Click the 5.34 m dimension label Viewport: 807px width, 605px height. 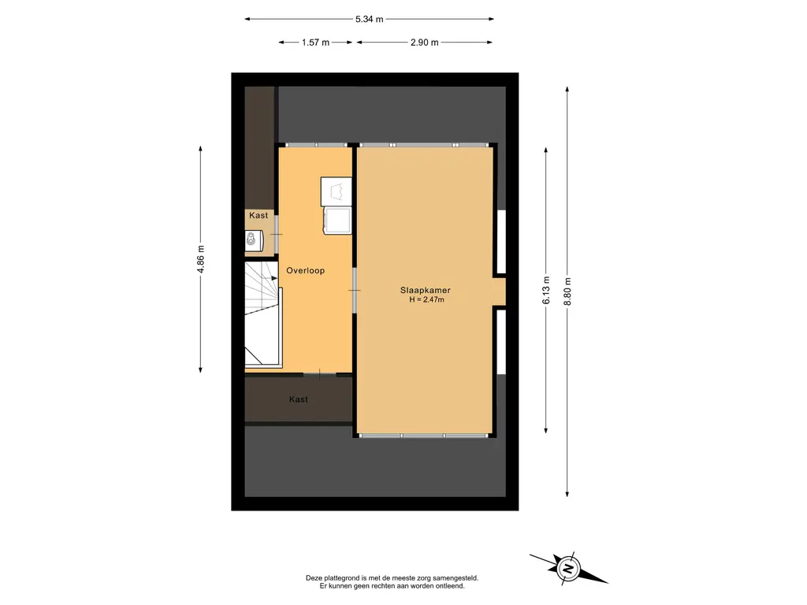tap(369, 19)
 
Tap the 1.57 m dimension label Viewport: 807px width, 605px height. tap(315, 43)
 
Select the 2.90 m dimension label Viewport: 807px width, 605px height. tap(425, 43)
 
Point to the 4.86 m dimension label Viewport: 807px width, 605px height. tap(201, 259)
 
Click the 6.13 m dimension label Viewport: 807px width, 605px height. tap(546, 290)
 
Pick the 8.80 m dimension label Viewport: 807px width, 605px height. tap(567, 291)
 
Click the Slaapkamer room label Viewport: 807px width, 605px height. tap(425, 290)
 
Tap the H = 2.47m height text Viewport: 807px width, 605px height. tap(426, 299)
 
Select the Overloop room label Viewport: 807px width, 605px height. tap(305, 271)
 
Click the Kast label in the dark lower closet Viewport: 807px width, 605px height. tap(299, 399)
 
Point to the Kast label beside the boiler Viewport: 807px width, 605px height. tap(258, 216)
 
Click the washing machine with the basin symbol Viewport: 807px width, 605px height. tap(336, 191)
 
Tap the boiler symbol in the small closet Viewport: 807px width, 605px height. tap(252, 240)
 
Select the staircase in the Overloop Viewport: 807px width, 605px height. tap(263, 314)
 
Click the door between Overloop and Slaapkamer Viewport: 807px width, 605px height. tap(355, 290)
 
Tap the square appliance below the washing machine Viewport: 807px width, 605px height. tap(337, 221)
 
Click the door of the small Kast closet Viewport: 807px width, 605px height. tap(277, 234)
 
